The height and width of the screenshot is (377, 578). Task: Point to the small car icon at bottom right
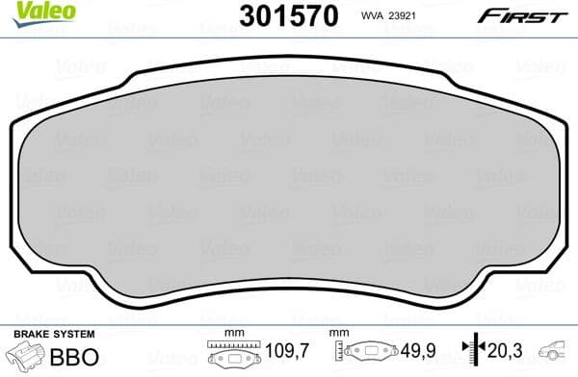(557, 354)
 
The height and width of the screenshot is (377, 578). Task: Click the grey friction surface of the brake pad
(289, 192)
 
